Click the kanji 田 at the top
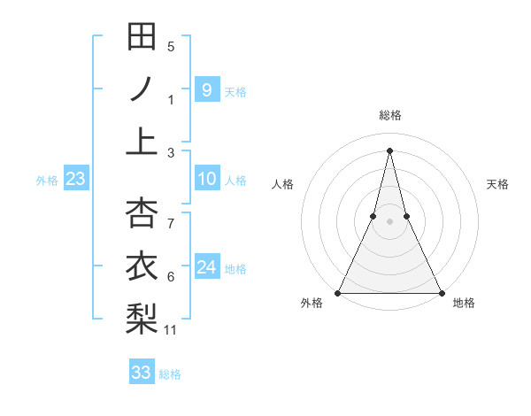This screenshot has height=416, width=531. [142, 37]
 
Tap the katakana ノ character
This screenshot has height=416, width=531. [142, 89]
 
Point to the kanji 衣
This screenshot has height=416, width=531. [142, 266]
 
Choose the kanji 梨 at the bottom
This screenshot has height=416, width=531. [142, 318]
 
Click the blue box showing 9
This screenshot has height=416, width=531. [206, 89]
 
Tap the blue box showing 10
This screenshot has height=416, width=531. [206, 180]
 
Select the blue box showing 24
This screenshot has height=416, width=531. [206, 267]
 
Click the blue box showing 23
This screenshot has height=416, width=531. [76, 180]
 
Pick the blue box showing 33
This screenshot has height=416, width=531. [142, 373]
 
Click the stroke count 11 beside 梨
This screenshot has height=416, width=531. [172, 330]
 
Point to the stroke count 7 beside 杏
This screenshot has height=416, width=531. [171, 224]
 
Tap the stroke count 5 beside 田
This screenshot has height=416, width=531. [171, 47]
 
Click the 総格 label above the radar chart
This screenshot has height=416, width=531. [390, 115]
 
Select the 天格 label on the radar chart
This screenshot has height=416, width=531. [498, 184]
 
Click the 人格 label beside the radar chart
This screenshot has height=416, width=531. [283, 184]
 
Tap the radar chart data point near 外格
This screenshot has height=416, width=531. [339, 292]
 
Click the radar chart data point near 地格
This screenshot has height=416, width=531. [441, 292]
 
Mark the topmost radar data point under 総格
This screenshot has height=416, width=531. [389, 150]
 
